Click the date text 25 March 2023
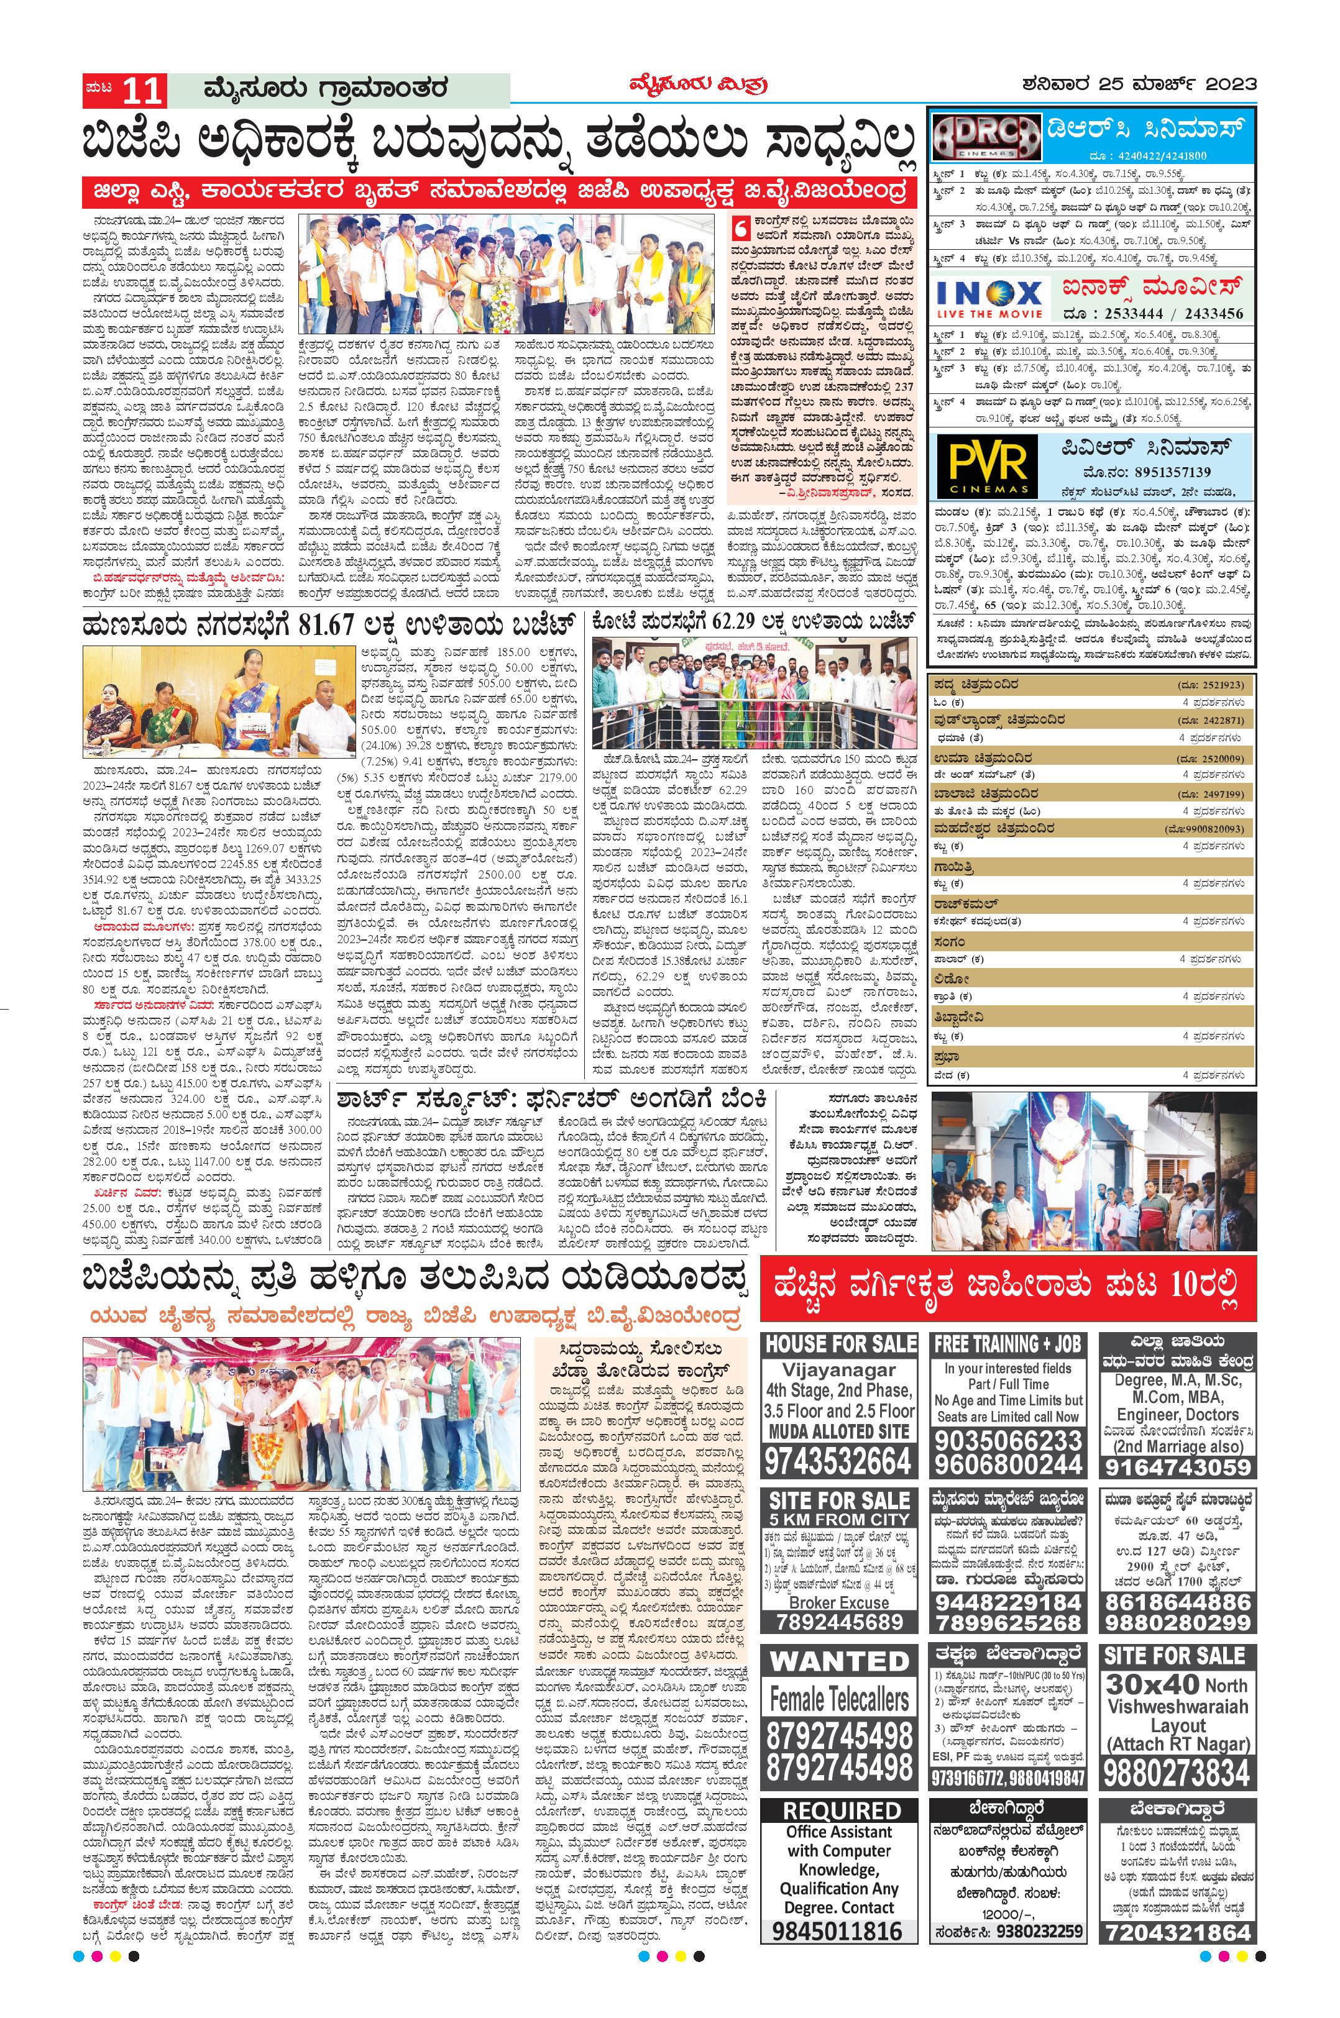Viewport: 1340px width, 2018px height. pos(1139,84)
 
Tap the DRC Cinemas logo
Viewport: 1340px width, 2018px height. pos(985,136)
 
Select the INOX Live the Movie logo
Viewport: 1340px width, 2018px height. pos(989,298)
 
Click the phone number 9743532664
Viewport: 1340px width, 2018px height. pos(838,1460)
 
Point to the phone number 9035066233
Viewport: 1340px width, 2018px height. pos(1007,1440)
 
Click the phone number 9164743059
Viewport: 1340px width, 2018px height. pos(1177,1467)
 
